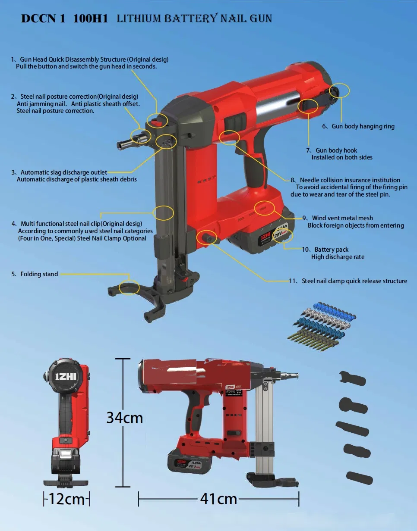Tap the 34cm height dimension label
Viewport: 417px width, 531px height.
124,418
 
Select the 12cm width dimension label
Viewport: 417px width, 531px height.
66,499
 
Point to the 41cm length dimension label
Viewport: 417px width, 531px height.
218,499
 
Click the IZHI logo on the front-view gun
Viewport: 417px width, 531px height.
66,375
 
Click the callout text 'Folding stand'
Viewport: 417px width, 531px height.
39,274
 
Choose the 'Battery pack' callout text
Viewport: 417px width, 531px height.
331,250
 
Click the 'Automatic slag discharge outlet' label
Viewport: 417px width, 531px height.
63,172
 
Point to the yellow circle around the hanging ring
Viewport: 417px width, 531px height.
339,91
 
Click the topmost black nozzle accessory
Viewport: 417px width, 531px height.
353,378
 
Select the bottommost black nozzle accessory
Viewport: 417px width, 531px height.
359,478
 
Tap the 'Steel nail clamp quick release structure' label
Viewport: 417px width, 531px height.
354,281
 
